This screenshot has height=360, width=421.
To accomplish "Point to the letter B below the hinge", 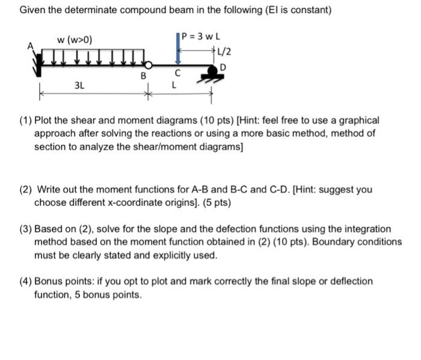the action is [x=143, y=76].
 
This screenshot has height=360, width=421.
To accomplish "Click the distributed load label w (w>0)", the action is [x=74, y=40].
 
